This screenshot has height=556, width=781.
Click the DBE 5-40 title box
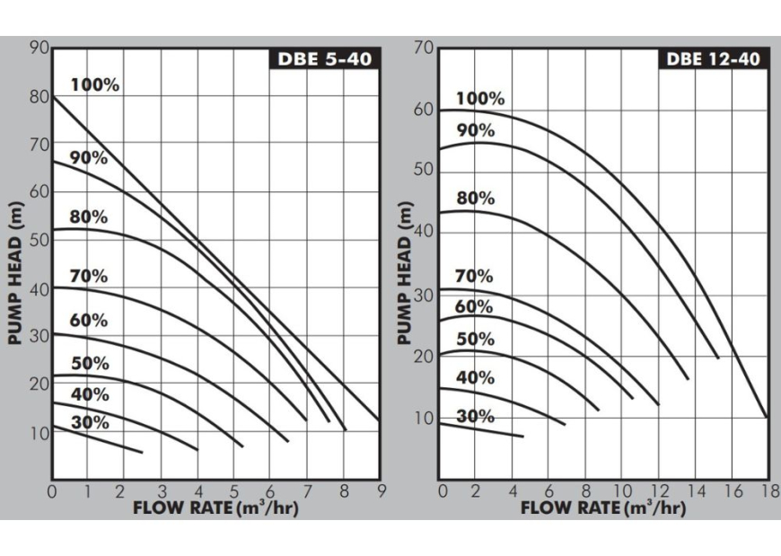(323, 60)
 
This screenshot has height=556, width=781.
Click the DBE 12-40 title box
(714, 59)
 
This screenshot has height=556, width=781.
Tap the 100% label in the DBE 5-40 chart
(95, 85)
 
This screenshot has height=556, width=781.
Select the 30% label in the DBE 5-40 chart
(90, 422)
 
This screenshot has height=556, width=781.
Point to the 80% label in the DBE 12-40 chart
(476, 199)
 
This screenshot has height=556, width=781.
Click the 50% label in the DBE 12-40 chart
(476, 339)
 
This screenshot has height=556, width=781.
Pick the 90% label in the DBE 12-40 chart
(476, 130)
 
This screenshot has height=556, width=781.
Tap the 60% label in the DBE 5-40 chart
(89, 321)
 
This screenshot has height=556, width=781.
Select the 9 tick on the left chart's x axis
(380, 491)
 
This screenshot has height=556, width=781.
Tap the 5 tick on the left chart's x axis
(234, 491)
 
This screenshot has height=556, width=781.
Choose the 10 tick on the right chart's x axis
(620, 491)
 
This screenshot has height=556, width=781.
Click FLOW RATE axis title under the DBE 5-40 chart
(215, 507)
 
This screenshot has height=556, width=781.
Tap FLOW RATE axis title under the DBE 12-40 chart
(603, 507)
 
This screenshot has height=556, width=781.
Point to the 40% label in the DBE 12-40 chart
(476, 377)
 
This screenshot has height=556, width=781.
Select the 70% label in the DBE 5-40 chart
(89, 276)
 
